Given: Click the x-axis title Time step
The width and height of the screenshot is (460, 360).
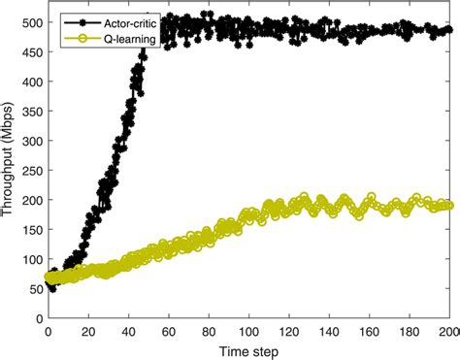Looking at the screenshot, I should pyautogui.click(x=250, y=349).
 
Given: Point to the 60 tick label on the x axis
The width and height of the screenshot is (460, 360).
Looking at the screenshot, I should pyautogui.click(x=169, y=330).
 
